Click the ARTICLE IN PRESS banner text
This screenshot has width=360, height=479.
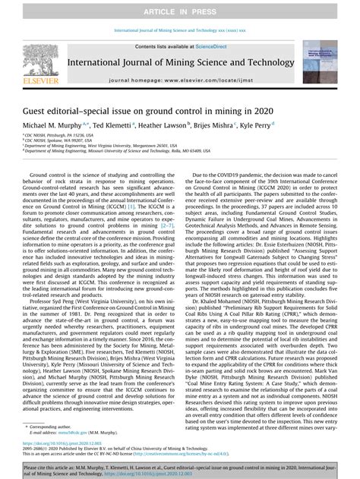click(x=180, y=8)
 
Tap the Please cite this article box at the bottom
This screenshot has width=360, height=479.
click(x=180, y=468)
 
